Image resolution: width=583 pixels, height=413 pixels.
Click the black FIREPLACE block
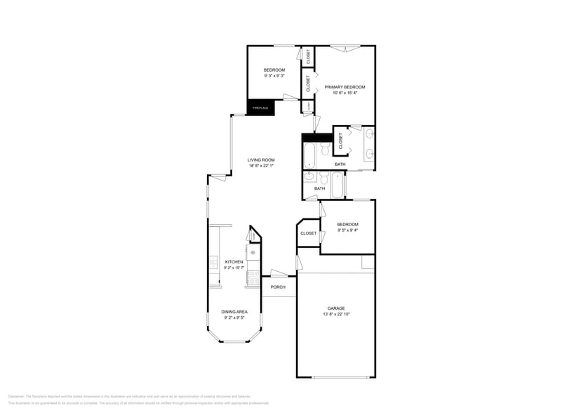(260, 107)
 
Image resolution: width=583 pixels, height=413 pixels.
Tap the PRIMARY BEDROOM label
(344, 87)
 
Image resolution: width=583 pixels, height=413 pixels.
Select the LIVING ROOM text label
(260, 159)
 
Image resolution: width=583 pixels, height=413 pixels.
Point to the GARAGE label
(336, 308)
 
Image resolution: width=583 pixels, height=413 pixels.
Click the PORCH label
(278, 287)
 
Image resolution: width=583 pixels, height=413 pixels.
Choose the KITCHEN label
(234, 262)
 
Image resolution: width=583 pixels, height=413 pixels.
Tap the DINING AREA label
(234, 312)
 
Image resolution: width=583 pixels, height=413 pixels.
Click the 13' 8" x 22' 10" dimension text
(336, 314)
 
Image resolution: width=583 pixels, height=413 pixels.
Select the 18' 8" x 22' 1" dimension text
(260, 166)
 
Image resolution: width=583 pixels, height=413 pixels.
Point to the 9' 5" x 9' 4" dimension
(347, 230)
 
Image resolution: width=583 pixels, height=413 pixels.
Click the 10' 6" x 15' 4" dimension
(344, 93)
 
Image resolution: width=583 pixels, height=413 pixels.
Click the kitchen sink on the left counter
(213, 263)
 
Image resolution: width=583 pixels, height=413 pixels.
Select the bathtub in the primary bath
(309, 155)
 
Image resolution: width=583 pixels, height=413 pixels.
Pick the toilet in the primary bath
(325, 150)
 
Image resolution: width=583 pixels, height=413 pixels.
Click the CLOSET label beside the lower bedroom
(308, 233)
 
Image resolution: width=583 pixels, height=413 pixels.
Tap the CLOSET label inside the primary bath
(341, 140)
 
